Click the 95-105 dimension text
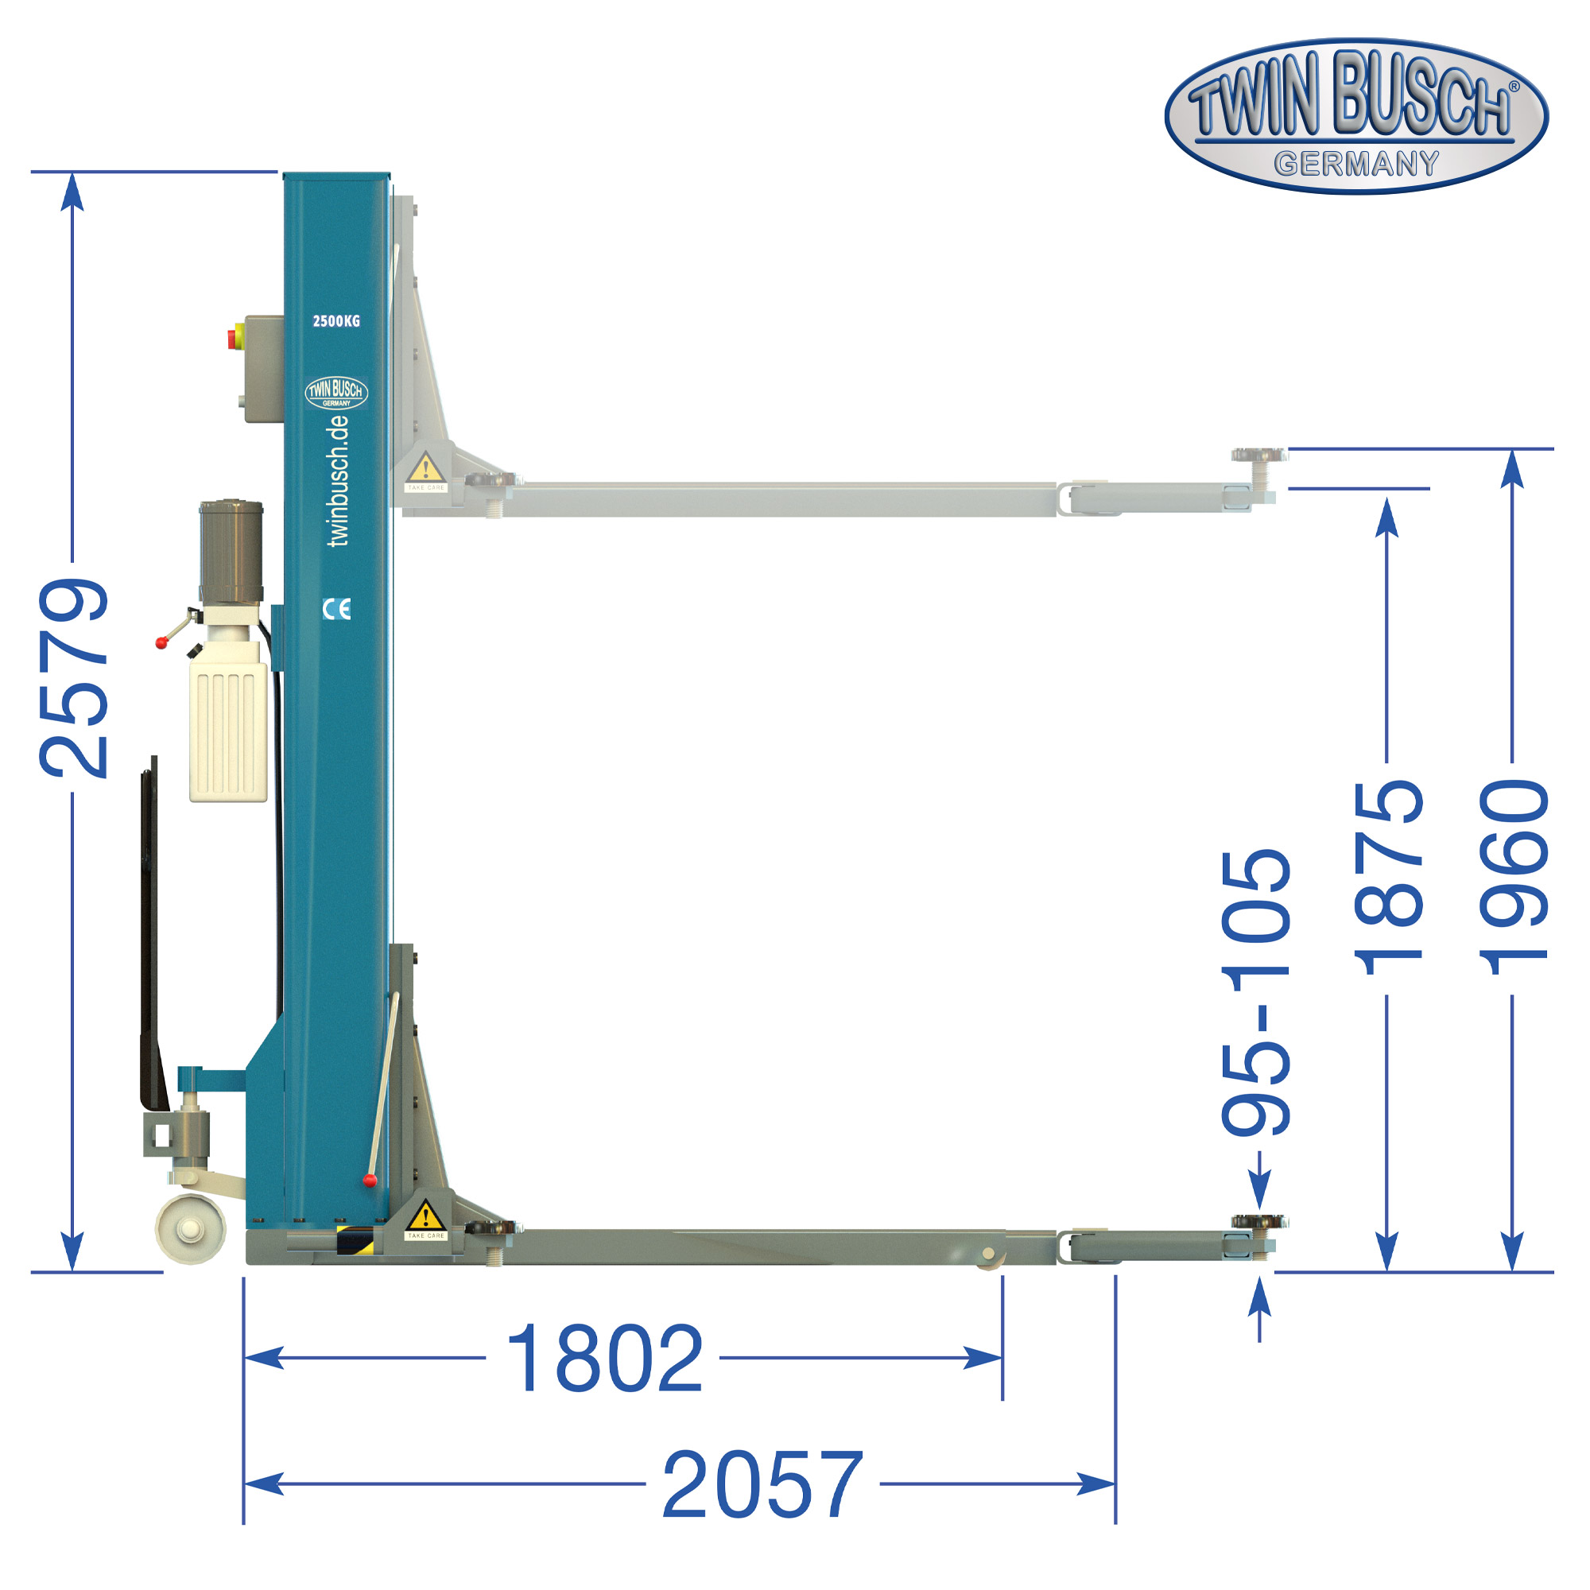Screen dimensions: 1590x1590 click(x=1256, y=992)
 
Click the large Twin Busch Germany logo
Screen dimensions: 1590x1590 click(x=1356, y=115)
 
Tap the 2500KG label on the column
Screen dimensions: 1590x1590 click(x=336, y=321)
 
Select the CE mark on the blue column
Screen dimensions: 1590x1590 click(x=336, y=609)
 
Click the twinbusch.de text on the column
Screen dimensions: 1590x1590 click(x=338, y=481)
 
